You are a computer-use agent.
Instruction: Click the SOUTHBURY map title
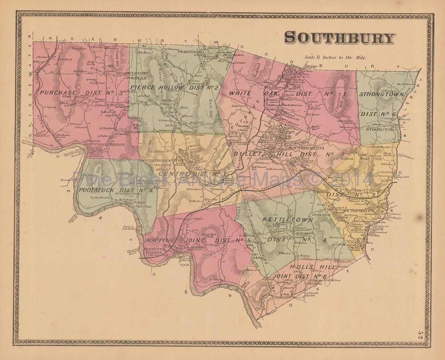(339, 38)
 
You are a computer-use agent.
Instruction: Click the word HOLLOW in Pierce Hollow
(169, 87)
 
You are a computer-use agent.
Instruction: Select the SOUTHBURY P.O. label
(301, 148)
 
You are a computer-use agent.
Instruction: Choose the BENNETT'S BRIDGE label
(149, 251)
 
